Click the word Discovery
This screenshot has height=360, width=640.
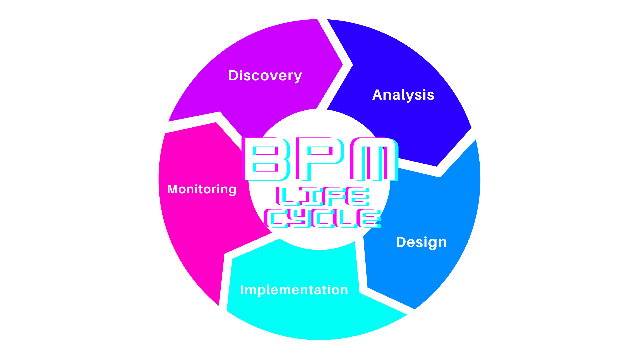[265, 76]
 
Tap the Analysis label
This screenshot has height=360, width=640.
[403, 95]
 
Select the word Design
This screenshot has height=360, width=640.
[421, 242]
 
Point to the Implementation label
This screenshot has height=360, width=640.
[294, 290]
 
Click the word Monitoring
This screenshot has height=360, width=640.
[202, 189]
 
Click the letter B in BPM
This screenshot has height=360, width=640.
[266, 159]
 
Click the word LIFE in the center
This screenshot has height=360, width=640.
[323, 196]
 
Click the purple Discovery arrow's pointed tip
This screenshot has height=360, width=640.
[343, 65]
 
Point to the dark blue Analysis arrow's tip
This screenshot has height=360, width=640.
[437, 166]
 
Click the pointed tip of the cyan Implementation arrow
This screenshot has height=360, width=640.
[406, 314]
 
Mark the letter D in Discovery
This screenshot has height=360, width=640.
[233, 76]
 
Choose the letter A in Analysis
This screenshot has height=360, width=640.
[377, 95]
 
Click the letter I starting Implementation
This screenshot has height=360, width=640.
[242, 290]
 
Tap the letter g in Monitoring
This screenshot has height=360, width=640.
[232, 191]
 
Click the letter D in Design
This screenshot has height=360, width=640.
[401, 242]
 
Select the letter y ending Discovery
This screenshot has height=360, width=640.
[298, 77]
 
